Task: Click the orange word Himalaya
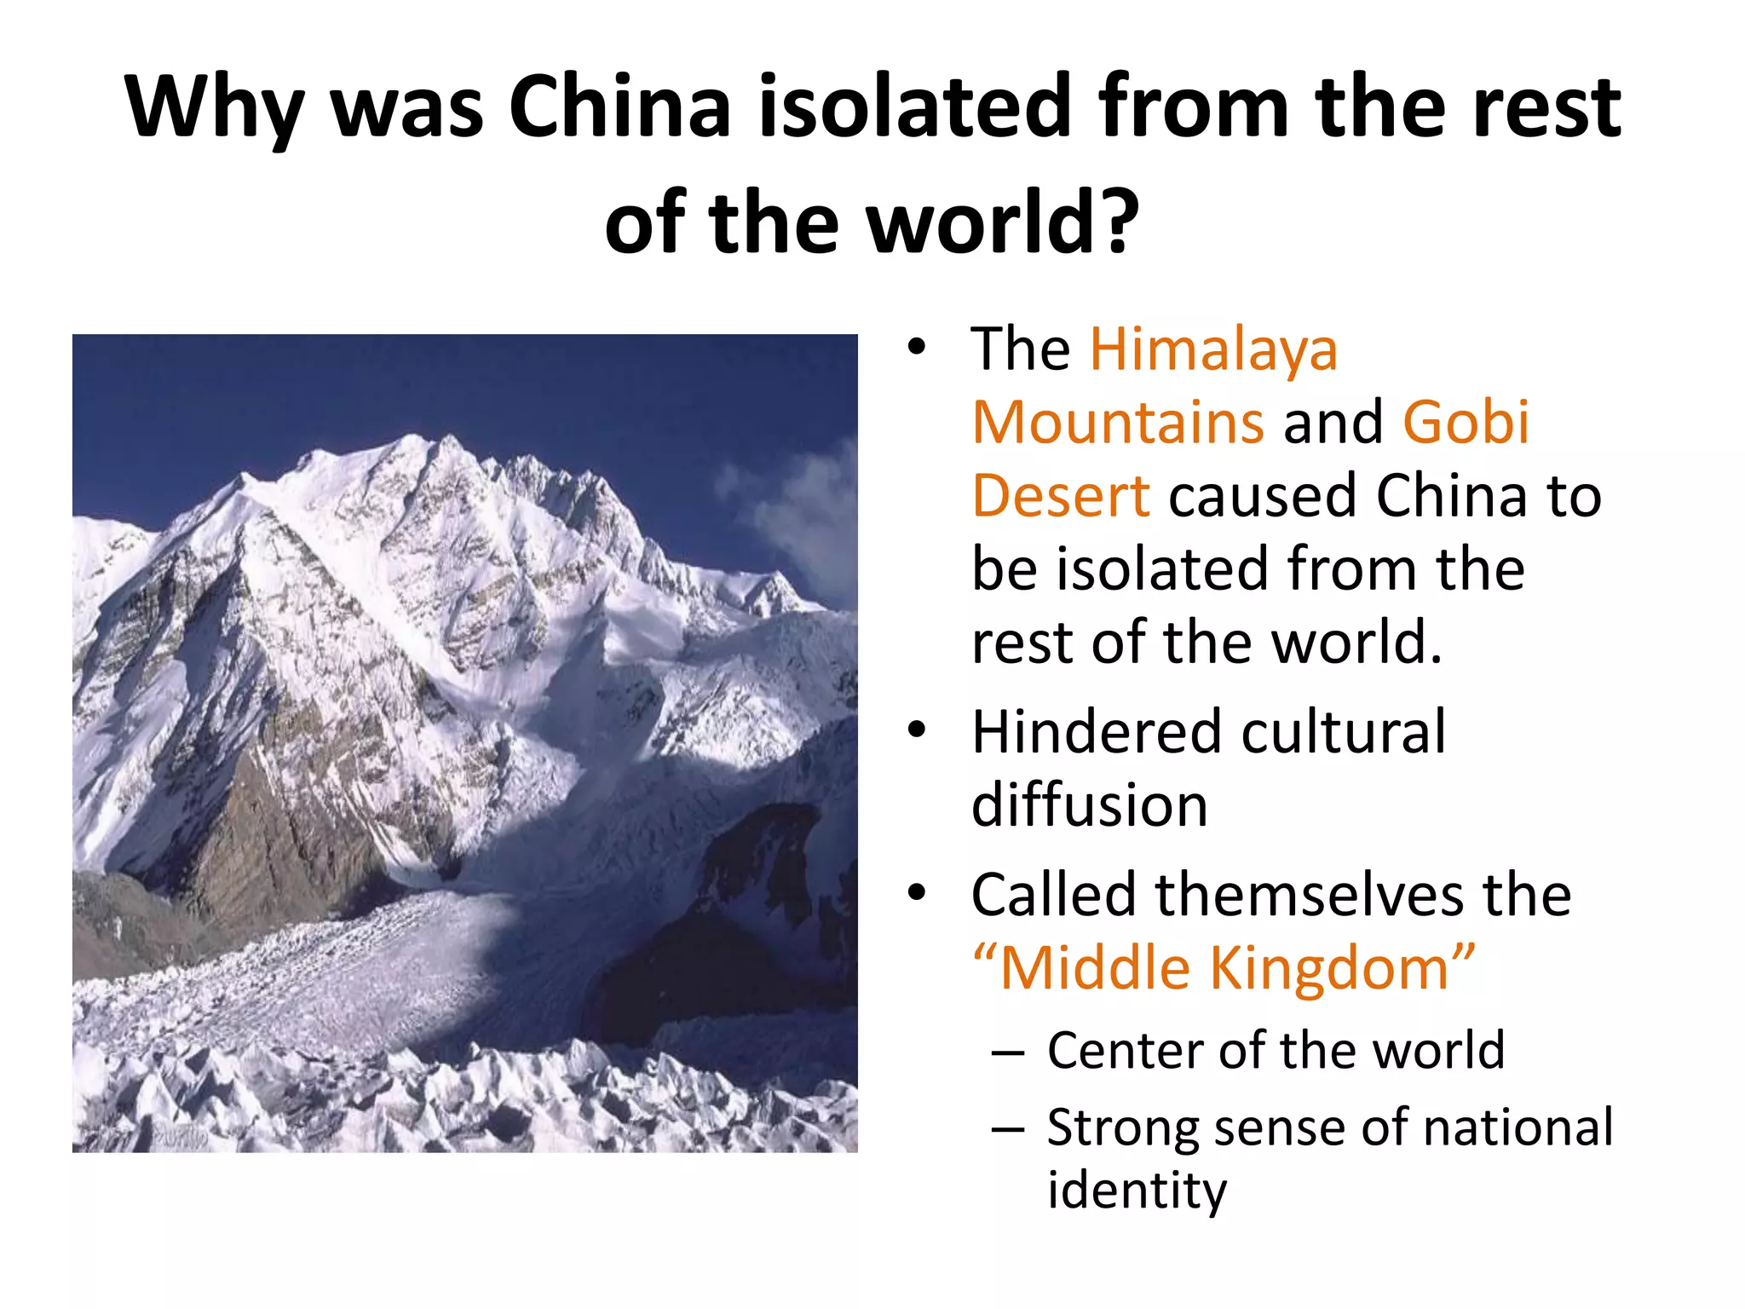(1214, 350)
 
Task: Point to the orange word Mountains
(1118, 423)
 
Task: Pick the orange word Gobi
(1466, 423)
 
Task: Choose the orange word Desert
(1061, 496)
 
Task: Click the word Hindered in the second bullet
(1100, 732)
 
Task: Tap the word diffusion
(1090, 805)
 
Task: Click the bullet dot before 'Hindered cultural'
(916, 730)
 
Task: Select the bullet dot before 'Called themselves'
(916, 893)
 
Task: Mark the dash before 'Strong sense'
(1007, 1129)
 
